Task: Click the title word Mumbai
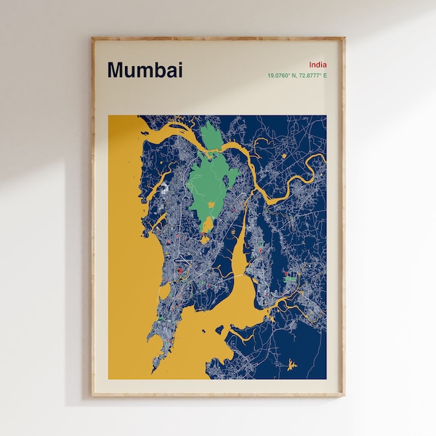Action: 145,70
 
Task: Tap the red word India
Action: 318,65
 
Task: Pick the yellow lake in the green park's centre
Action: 212,204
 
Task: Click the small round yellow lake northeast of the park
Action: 283,155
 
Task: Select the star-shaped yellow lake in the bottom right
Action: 291,364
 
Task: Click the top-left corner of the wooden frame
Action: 93,39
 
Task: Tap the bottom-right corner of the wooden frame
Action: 343,395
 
